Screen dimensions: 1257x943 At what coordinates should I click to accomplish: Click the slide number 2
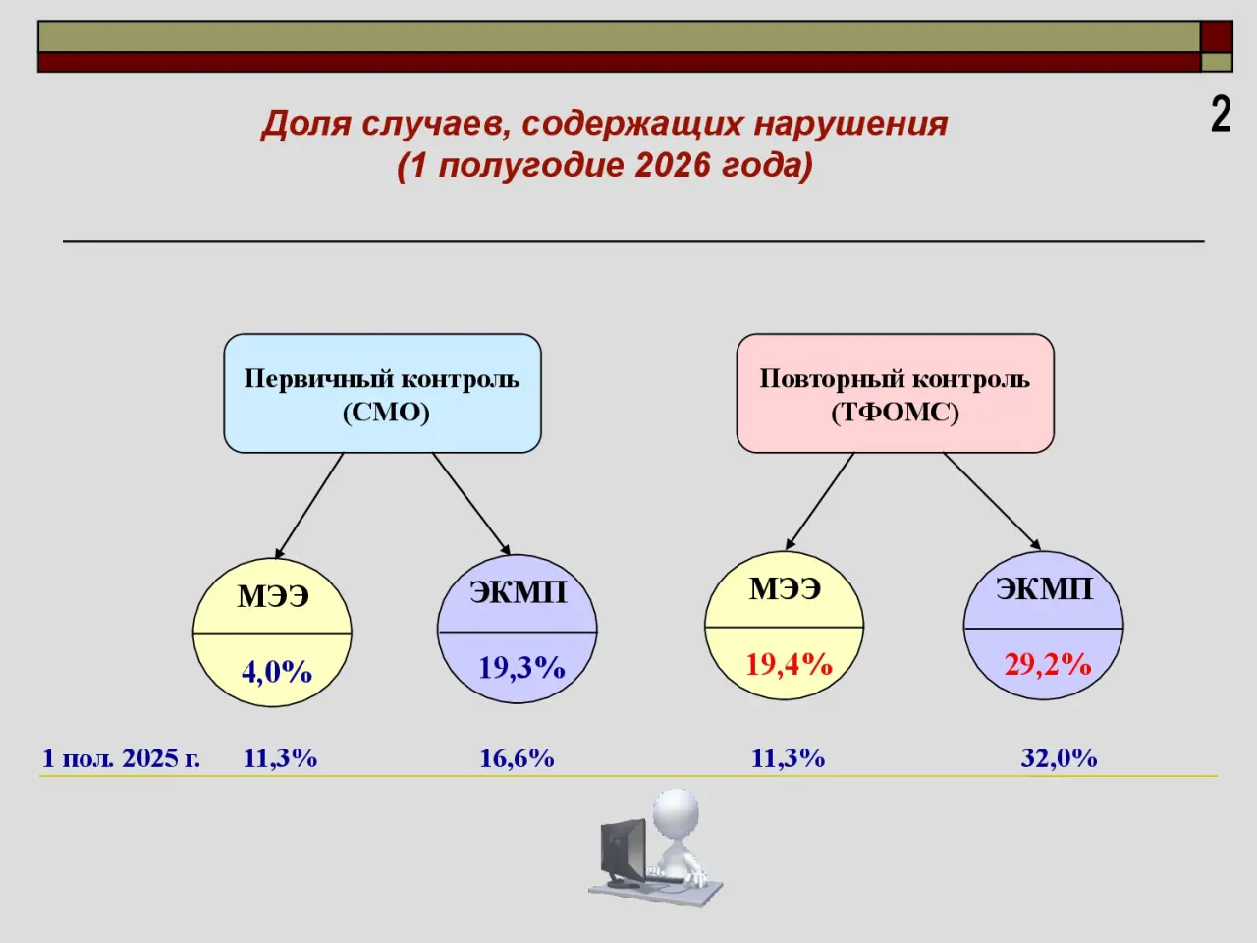coord(1221,115)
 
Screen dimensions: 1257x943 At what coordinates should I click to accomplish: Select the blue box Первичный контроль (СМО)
coord(383,393)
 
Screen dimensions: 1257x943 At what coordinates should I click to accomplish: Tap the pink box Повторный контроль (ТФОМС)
coord(895,393)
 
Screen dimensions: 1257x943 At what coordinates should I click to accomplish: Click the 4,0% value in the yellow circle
coord(277,672)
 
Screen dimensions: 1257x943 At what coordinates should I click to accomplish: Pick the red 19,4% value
coord(790,665)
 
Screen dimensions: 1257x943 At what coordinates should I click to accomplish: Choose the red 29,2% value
coord(1048,665)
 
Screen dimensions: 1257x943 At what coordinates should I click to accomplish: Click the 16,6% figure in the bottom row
coord(517,758)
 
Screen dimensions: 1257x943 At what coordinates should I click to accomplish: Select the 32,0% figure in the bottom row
coord(1059,758)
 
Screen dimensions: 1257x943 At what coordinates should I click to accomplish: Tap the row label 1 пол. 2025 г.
coord(122,758)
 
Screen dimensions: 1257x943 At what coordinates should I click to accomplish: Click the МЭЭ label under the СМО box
coord(273,596)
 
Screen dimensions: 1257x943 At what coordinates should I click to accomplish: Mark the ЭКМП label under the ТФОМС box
coord(1045,589)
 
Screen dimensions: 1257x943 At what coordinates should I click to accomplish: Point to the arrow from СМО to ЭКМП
coord(470,504)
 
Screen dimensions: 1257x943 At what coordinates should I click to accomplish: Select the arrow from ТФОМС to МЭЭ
coord(819,502)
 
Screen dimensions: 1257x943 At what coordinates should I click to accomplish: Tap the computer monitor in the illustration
coord(624,853)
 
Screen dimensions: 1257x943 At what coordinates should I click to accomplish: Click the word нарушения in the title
coord(851,125)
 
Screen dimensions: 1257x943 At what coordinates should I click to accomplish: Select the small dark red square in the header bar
coord(1217,36)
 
